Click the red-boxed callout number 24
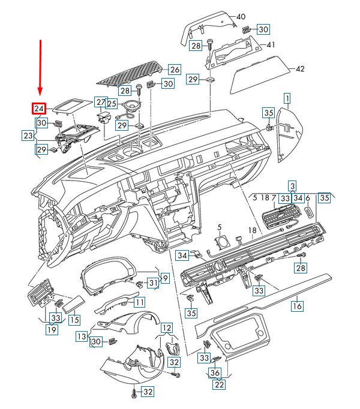tap(39, 109)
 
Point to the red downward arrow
tap(40, 68)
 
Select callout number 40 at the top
tap(241, 17)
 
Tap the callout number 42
tap(300, 69)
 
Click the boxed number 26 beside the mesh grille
tap(175, 70)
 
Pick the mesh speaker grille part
tap(129, 73)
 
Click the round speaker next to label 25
tap(131, 106)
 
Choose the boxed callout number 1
tap(287, 98)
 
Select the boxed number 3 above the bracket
tap(292, 186)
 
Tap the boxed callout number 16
tap(298, 306)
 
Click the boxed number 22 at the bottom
tap(219, 384)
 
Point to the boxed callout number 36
tap(215, 372)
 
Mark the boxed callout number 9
tap(165, 278)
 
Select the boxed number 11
tap(140, 302)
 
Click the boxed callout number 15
tap(74, 320)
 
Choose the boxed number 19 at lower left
tap(52, 330)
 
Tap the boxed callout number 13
tap(82, 336)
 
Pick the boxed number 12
tap(167, 327)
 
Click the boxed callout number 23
tap(28, 136)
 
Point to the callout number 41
tap(271, 44)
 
